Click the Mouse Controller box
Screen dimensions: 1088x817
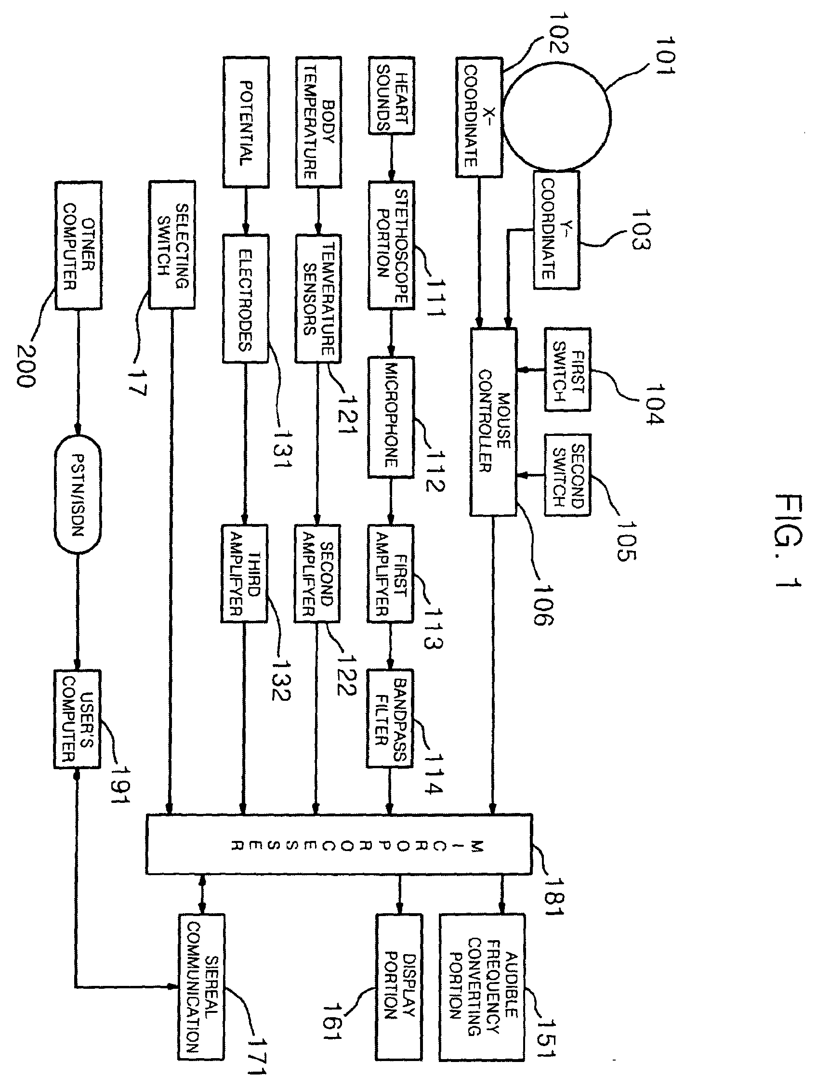coord(493,421)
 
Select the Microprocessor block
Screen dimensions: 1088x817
coord(339,843)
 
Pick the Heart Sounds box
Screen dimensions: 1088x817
coord(392,95)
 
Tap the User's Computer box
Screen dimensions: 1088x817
coord(77,718)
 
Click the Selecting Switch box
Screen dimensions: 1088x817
coord(172,245)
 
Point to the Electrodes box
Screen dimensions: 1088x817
coord(246,299)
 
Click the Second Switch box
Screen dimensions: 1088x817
coord(567,475)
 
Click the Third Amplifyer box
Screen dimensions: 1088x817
coord(244,574)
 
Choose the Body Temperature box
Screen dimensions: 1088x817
coord(318,121)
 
